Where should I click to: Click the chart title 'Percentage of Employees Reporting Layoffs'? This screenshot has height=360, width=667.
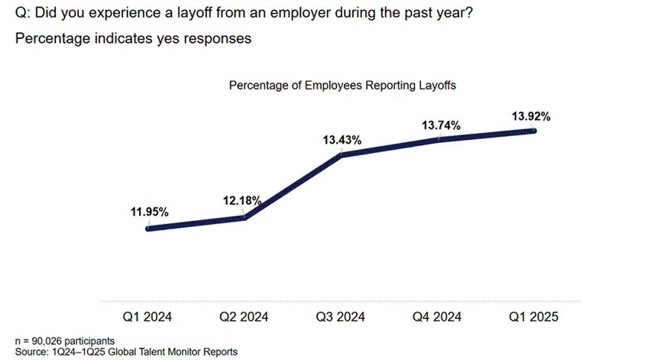pyautogui.click(x=342, y=86)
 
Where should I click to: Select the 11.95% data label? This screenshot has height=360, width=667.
pyautogui.click(x=150, y=212)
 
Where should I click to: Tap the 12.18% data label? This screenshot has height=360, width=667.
pyautogui.click(x=243, y=200)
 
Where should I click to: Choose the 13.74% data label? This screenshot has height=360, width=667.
pyautogui.click(x=440, y=125)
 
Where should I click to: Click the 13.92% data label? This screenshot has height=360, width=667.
pyautogui.click(x=531, y=116)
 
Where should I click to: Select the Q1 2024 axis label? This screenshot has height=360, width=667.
pyautogui.click(x=147, y=316)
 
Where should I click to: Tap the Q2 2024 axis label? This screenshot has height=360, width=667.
pyautogui.click(x=244, y=316)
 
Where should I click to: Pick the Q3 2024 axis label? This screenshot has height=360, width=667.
pyautogui.click(x=341, y=316)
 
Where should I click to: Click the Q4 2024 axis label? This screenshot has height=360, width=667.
pyautogui.click(x=438, y=316)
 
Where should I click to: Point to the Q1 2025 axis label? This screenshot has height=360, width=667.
pyautogui.click(x=534, y=316)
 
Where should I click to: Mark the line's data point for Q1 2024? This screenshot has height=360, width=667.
pyautogui.click(x=147, y=228)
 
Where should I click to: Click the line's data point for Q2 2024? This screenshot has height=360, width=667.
pyautogui.click(x=244, y=218)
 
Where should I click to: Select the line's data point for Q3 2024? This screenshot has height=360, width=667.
pyautogui.click(x=342, y=154)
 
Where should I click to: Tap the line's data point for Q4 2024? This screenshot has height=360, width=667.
pyautogui.click(x=439, y=139)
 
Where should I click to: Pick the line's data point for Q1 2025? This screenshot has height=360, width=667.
pyautogui.click(x=534, y=131)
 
